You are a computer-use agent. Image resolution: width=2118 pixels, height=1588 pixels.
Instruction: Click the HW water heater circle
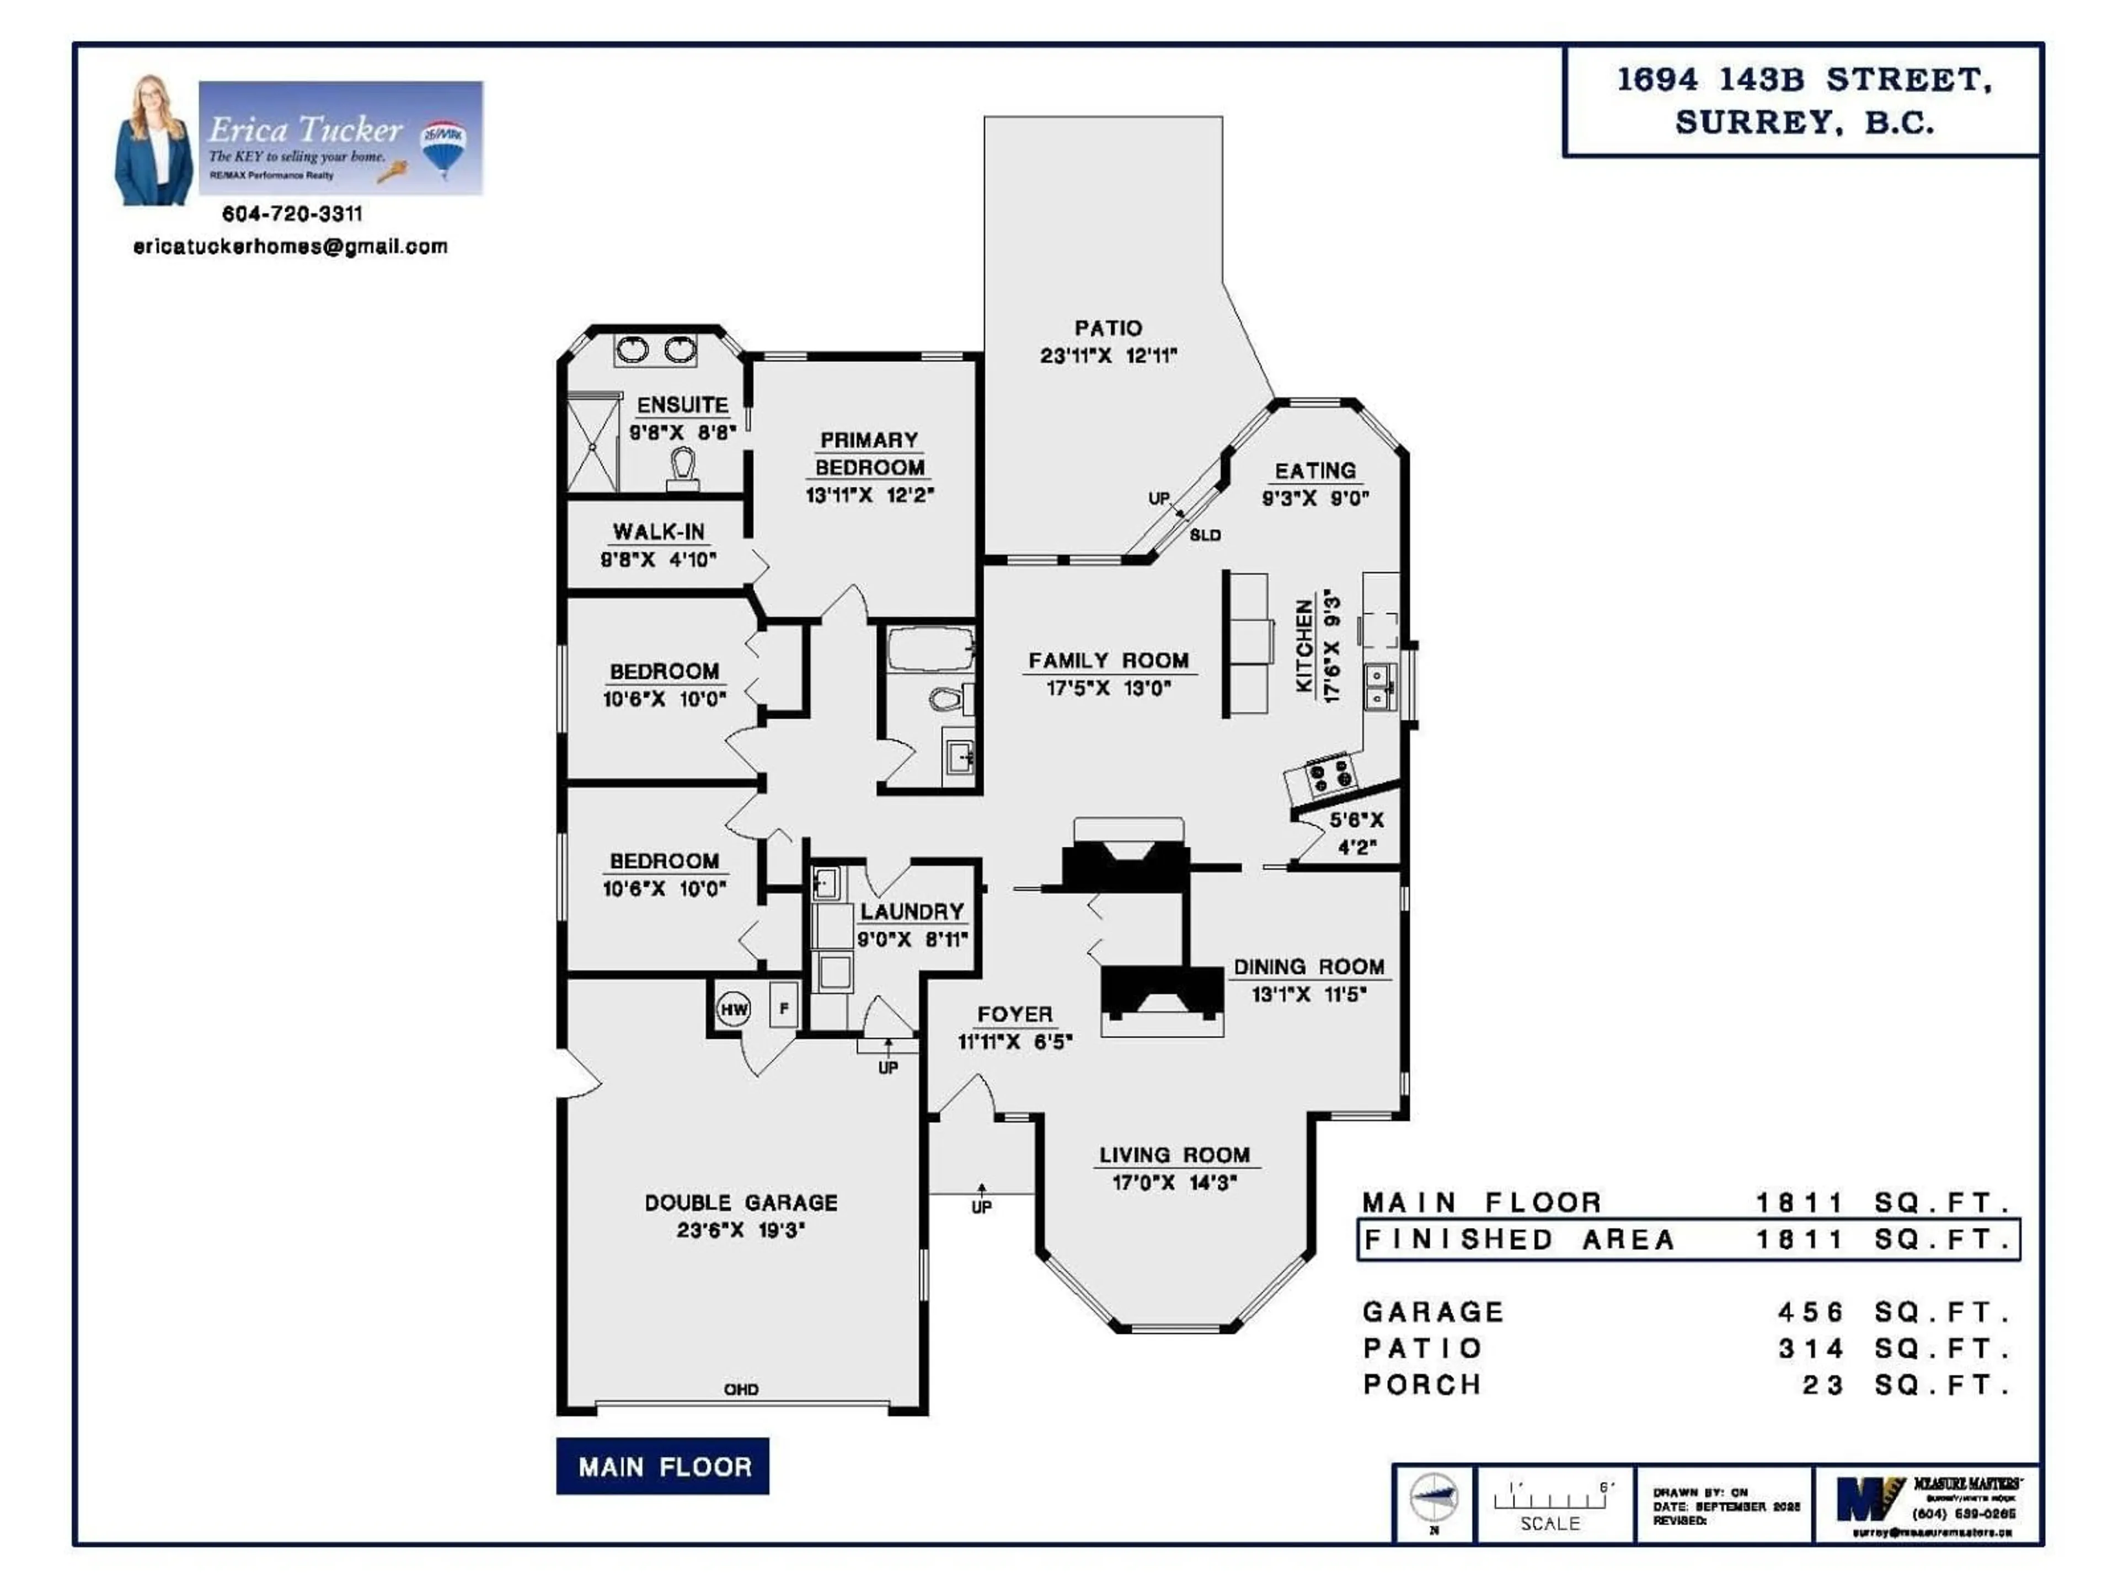coord(734,1009)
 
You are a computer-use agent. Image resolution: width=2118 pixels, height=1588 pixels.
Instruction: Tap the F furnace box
coord(784,1008)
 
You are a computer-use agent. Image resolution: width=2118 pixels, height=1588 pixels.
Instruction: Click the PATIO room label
coord(1108,328)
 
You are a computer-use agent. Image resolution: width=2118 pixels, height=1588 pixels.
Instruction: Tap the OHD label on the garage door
coord(741,1389)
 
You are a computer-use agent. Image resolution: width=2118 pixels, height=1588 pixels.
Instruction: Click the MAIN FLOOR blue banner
coord(662,1467)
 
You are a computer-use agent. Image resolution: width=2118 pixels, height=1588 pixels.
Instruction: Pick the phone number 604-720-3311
coord(292,213)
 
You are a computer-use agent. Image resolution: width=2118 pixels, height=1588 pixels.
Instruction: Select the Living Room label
coord(1174,1155)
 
